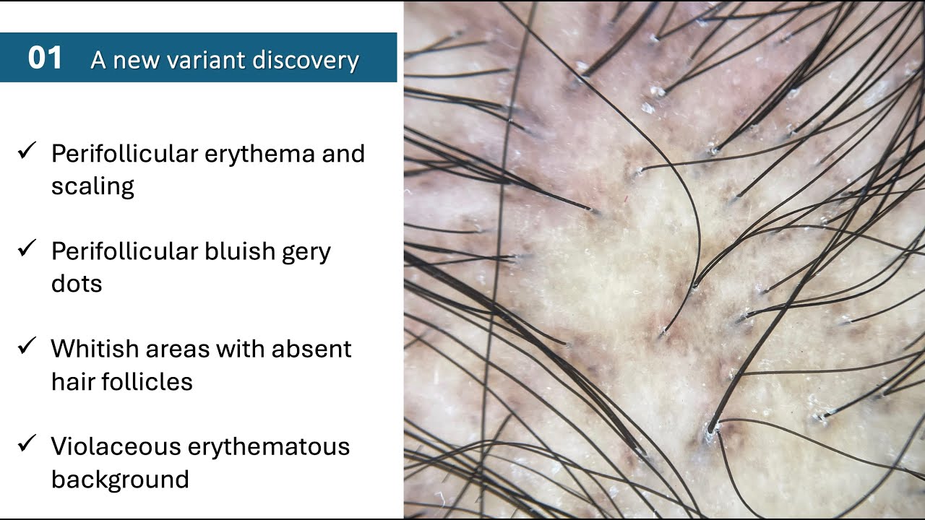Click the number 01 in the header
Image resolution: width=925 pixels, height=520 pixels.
click(45, 58)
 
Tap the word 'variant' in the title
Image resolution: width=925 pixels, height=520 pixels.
click(196, 60)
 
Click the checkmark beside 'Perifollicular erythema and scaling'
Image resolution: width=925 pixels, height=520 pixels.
click(27, 152)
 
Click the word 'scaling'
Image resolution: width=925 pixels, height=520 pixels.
click(92, 187)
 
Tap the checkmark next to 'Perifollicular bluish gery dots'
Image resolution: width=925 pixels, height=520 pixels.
click(27, 249)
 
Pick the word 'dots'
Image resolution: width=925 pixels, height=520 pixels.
click(77, 283)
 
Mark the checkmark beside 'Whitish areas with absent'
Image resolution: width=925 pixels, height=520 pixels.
click(27, 347)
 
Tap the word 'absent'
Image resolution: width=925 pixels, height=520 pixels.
click(311, 349)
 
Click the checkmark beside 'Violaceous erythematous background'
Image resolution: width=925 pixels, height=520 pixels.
click(27, 444)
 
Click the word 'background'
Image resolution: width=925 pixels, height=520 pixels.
click(120, 479)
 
